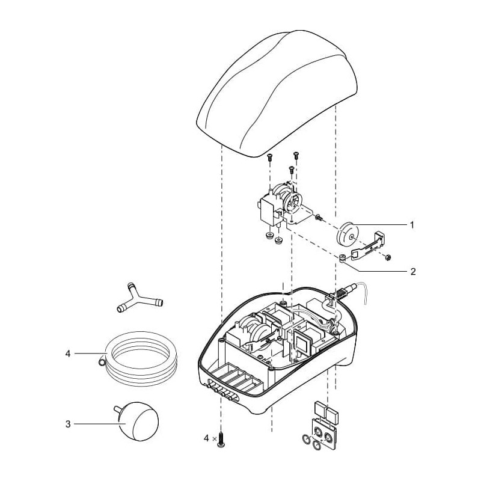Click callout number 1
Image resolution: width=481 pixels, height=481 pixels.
(412, 225)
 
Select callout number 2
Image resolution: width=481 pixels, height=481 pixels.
(412, 271)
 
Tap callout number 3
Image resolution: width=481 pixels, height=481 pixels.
(68, 424)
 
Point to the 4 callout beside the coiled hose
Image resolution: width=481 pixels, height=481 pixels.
(68, 354)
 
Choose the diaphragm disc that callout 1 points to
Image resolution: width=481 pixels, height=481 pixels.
(347, 234)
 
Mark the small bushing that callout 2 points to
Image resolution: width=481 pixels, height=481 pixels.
(343, 259)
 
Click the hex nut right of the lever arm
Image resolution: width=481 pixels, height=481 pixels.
(388, 257)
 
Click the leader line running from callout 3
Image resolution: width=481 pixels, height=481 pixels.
(96, 424)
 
